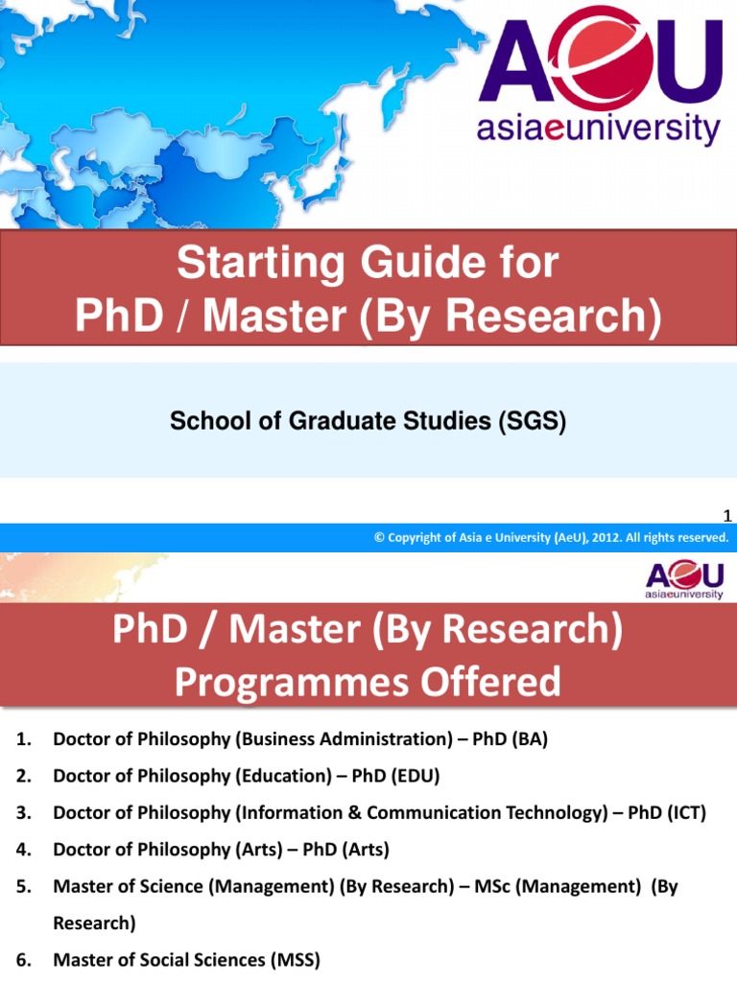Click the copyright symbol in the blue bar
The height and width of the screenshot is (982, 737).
point(379,538)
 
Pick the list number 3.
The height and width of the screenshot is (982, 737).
point(24,813)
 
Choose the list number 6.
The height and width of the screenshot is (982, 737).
point(24,959)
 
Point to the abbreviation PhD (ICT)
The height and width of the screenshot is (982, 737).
point(667,813)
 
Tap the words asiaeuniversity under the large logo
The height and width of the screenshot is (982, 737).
point(601,129)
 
